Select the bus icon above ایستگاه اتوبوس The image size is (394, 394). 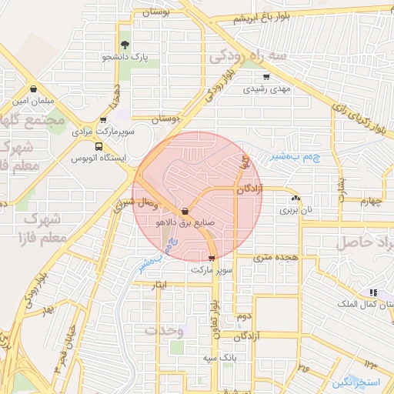pyautogui.click(x=98, y=146)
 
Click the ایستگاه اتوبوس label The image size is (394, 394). pyautogui.click(x=98, y=159)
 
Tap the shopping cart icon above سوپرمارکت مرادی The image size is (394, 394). pyautogui.click(x=103, y=120)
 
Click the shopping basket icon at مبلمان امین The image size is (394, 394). pyautogui.click(x=33, y=88)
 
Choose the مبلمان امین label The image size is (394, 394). pyautogui.click(x=31, y=101)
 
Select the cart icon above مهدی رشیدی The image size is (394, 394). pyautogui.click(x=266, y=77)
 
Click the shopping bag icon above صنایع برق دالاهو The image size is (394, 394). pyautogui.click(x=185, y=211)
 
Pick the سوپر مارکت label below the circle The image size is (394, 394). pyautogui.click(x=211, y=270)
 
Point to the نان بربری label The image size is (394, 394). pyautogui.click(x=296, y=209)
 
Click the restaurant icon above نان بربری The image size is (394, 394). pyautogui.click(x=296, y=198)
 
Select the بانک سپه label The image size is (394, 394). pyautogui.click(x=219, y=359)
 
